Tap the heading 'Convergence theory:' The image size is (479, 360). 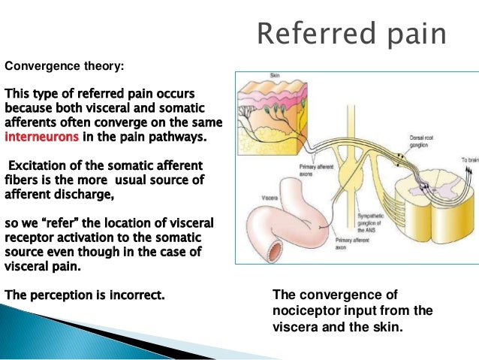point(65,66)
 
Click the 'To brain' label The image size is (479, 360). point(468,160)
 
